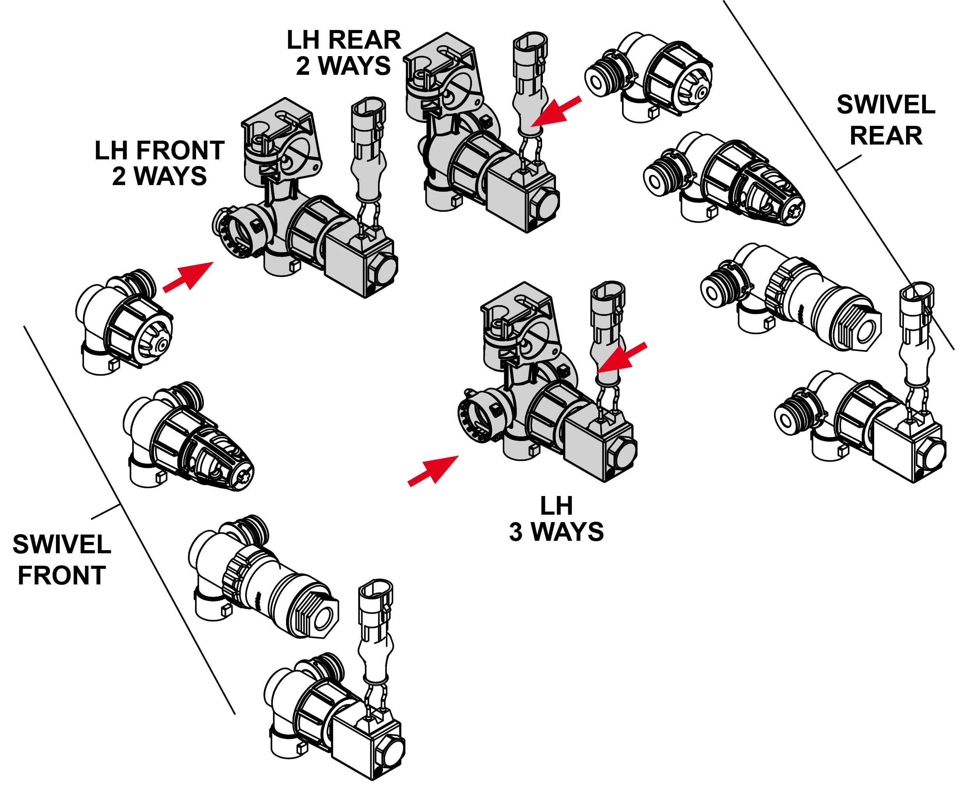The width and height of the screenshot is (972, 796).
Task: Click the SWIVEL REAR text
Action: (885, 120)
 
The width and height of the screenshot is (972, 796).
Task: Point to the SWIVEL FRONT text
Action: (62, 559)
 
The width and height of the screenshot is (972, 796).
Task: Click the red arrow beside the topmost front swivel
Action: (188, 277)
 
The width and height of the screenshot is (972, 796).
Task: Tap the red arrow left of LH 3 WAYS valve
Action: (433, 469)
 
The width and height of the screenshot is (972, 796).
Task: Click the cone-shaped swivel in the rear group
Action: (729, 184)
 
